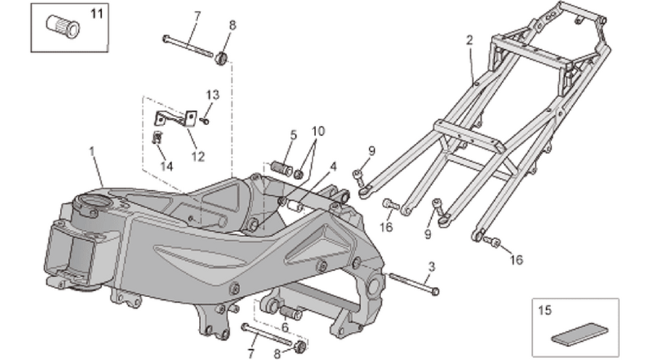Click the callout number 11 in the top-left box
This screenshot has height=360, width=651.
click(x=96, y=14)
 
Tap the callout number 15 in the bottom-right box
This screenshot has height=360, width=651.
click(x=545, y=310)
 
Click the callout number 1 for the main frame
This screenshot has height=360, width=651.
click(x=92, y=152)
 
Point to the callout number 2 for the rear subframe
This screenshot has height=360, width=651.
click(x=469, y=40)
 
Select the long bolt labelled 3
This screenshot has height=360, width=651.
click(x=414, y=283)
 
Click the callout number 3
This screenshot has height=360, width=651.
click(x=432, y=267)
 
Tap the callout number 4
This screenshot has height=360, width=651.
click(x=333, y=167)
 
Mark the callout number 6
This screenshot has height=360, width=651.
click(x=285, y=327)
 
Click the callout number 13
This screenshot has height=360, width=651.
click(x=213, y=95)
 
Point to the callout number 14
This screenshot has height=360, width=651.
click(x=166, y=166)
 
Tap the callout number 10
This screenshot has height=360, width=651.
click(x=318, y=132)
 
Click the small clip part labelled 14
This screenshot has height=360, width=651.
click(x=158, y=137)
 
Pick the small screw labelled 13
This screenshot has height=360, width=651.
click(x=204, y=121)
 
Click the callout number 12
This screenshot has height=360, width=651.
click(x=198, y=156)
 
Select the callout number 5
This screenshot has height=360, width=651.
click(x=294, y=134)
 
